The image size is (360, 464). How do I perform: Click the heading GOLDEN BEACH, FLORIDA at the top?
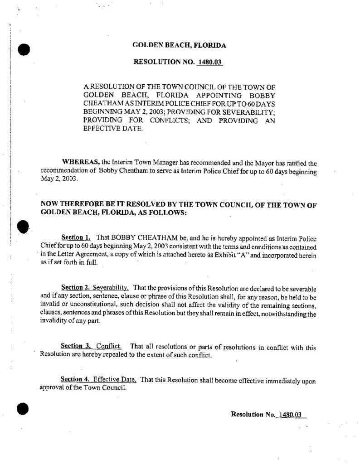tap(179, 45)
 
